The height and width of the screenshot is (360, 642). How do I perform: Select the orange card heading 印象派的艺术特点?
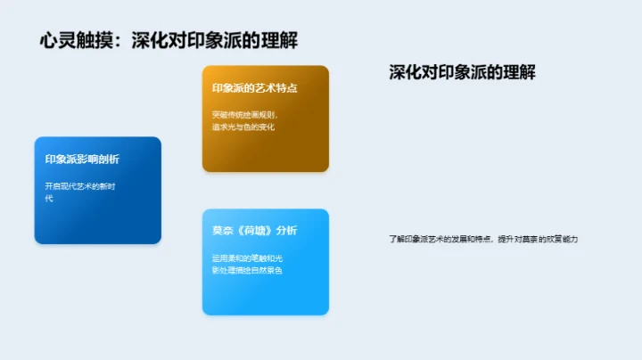pos(255,88)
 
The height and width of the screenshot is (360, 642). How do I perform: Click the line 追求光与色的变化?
pos(243,127)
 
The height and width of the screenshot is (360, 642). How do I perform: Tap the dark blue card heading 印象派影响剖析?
pos(82,160)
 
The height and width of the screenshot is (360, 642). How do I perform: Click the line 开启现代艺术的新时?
pos(80,186)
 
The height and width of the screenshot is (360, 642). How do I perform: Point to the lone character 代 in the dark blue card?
pos(49,198)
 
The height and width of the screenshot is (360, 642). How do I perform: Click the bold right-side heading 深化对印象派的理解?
pos(463,73)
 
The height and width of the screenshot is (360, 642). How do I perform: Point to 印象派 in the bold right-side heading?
pos(463,73)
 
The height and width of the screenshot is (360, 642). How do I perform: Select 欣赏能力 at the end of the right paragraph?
pos(564,239)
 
